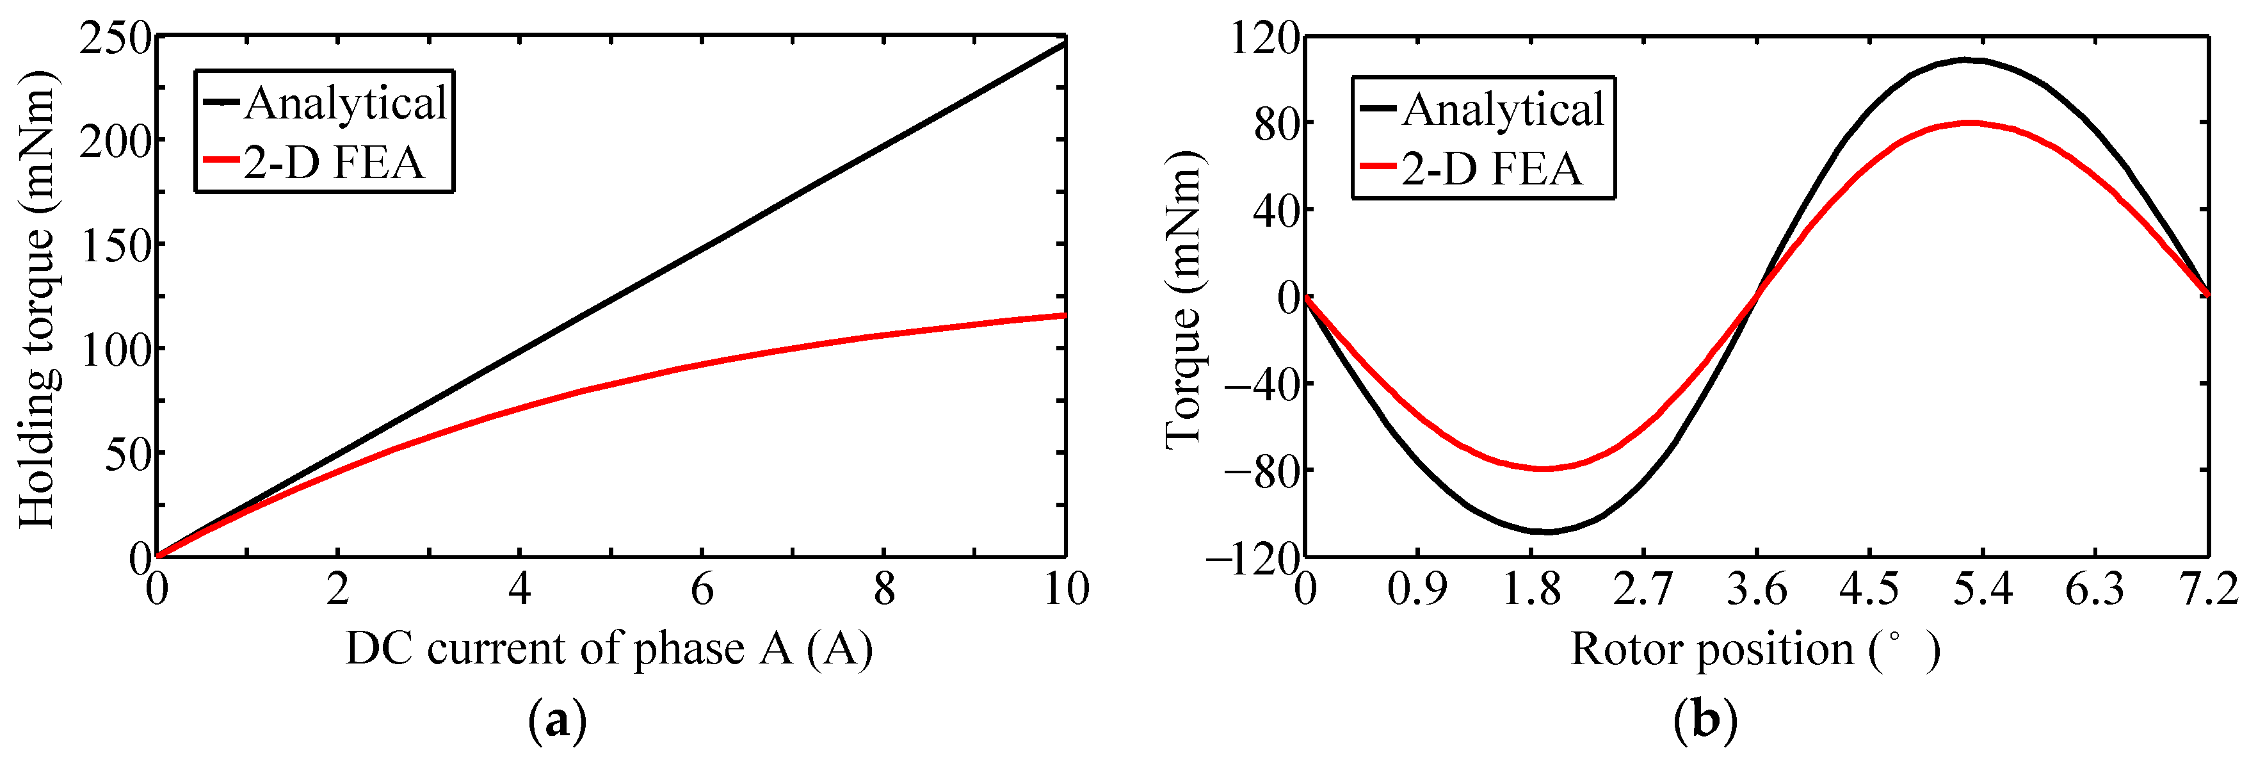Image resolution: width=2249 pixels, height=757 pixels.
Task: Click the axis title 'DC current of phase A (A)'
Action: pyautogui.click(x=609, y=649)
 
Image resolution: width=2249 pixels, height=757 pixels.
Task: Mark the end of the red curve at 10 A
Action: pyautogui.click(x=1064, y=315)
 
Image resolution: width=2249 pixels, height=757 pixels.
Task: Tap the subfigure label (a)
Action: pyautogui.click(x=558, y=721)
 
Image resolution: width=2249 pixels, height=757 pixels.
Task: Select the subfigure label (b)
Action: pyautogui.click(x=1705, y=721)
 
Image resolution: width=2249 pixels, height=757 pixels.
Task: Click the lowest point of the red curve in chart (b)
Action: pyautogui.click(x=1544, y=469)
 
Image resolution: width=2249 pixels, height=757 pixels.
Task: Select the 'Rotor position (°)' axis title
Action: pyautogui.click(x=1755, y=649)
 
